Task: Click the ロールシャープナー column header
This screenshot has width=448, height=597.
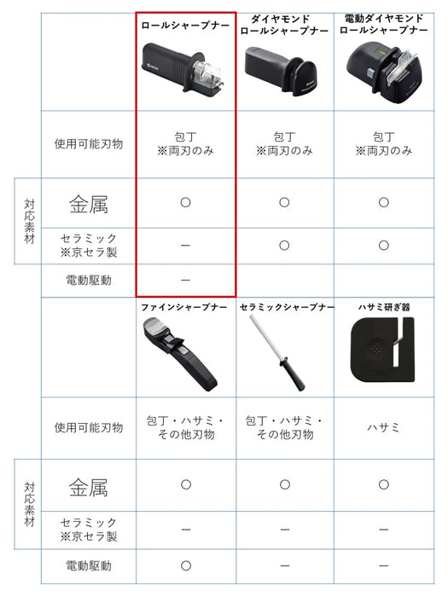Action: tap(185, 26)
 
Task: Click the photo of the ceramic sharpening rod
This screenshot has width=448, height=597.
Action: tap(277, 351)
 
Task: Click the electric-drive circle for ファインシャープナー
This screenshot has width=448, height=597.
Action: tap(185, 565)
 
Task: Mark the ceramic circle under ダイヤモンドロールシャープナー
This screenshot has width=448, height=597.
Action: tap(284, 245)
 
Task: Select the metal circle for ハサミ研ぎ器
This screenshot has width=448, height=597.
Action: tap(383, 484)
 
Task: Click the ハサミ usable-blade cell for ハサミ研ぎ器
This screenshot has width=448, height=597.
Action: tap(383, 428)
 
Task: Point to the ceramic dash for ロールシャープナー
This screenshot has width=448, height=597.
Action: tap(185, 245)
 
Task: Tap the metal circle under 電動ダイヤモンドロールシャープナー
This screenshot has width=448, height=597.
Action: tap(383, 202)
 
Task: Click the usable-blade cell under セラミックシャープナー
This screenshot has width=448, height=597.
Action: tap(284, 428)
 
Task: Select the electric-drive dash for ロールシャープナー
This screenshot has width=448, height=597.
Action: tap(185, 280)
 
